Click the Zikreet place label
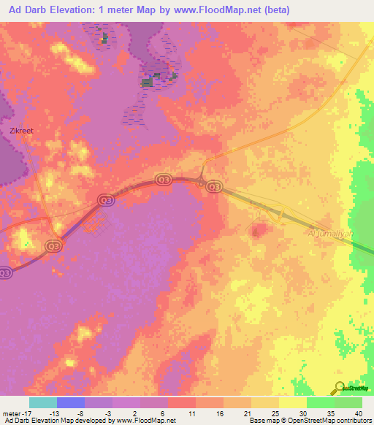(x=22, y=131)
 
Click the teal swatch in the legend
(x=43, y=402)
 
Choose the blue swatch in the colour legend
(x=71, y=402)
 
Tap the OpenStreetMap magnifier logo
(x=340, y=388)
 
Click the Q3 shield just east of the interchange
(x=213, y=188)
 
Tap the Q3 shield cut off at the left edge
(x=4, y=273)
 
